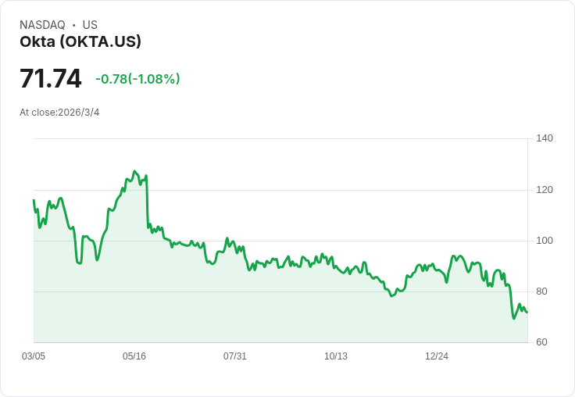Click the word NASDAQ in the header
click(42, 25)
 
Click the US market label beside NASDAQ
click(90, 25)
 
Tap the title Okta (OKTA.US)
click(80, 41)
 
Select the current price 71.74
click(50, 79)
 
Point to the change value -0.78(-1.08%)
click(137, 79)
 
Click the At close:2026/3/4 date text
click(59, 113)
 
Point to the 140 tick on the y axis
click(545, 138)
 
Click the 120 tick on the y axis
click(545, 190)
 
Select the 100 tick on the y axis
click(545, 241)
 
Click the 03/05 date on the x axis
click(34, 356)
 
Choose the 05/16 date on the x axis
click(134, 356)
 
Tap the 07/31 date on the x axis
click(235, 356)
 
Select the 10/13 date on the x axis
click(336, 356)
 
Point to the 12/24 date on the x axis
click(437, 356)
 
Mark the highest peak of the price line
click(134, 171)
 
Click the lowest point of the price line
click(514, 318)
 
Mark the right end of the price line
click(527, 313)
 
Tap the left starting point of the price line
click(34, 200)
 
